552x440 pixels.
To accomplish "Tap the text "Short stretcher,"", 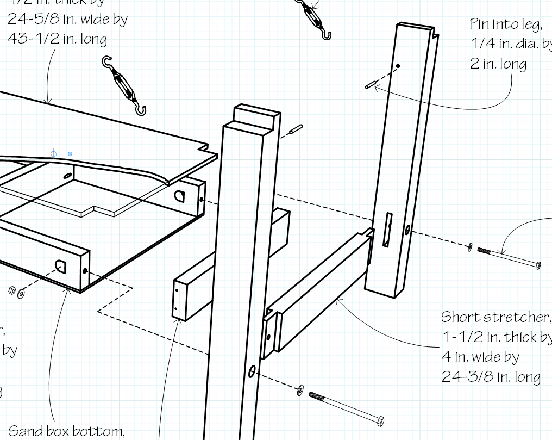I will (494, 317).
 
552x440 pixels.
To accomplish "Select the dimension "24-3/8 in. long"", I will (491, 377).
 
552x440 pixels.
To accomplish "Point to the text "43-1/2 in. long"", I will (57, 39).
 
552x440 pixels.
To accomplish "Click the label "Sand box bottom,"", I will (67, 431).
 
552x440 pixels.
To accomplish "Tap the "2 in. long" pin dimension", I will (498, 64).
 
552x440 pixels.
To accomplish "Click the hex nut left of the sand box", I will (12, 290).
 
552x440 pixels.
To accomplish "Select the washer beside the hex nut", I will (21, 294).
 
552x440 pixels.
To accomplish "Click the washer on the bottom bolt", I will (300, 389).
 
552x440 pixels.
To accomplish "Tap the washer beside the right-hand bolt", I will (469, 247).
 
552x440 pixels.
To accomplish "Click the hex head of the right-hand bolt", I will (537, 265).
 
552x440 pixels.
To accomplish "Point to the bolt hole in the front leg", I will (252, 372).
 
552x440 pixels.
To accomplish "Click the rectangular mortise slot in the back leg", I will (388, 229).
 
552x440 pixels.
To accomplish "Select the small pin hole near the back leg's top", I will (398, 66).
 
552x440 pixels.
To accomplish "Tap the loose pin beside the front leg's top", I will (296, 130).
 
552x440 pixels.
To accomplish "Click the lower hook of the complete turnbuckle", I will (141, 110).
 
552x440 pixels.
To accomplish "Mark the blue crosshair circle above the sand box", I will (54, 154).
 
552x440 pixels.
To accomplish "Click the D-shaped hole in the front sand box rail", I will (60, 267).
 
